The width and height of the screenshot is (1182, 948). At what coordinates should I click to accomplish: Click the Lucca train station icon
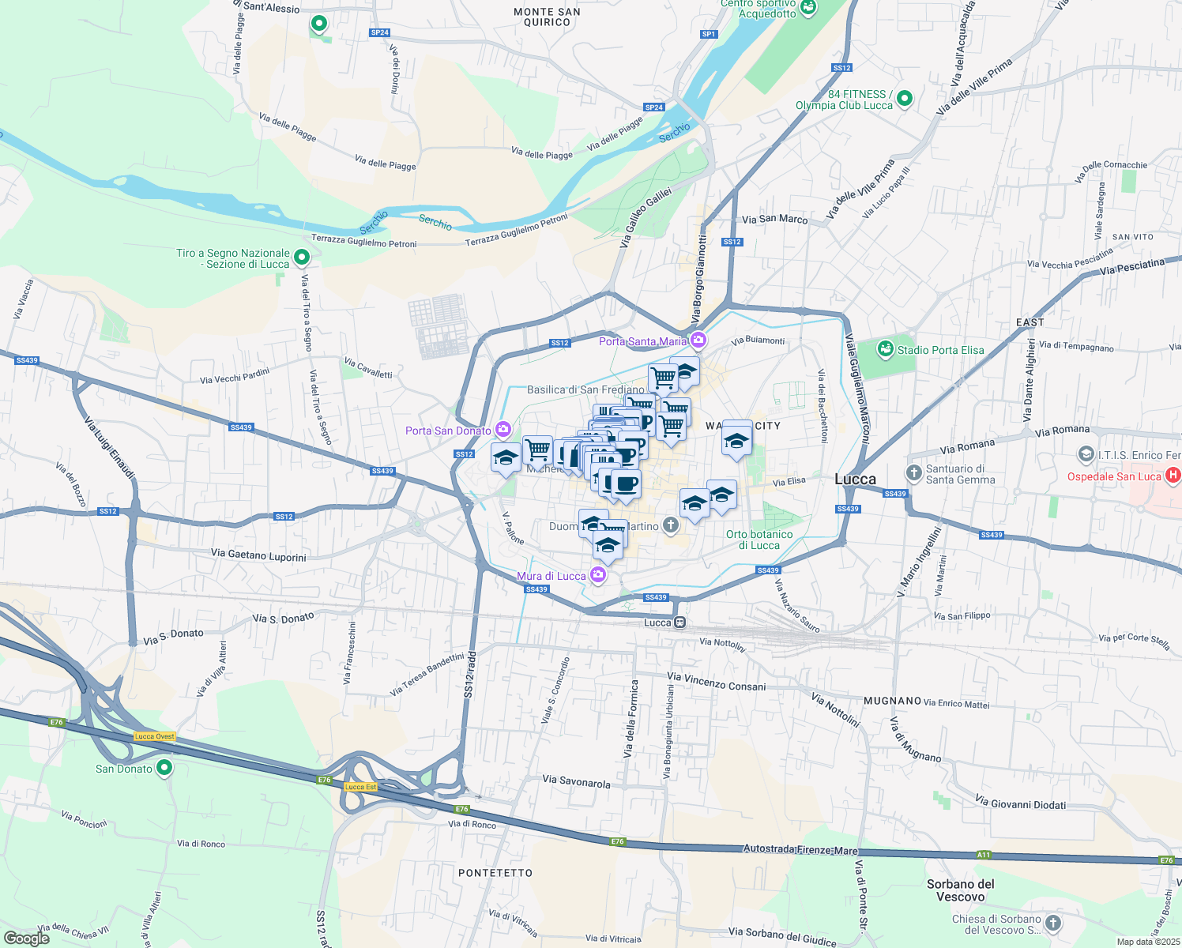679,623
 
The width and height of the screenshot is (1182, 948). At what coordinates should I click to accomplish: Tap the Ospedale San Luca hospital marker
1173,476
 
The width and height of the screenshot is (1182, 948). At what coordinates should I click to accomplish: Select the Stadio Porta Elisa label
940,350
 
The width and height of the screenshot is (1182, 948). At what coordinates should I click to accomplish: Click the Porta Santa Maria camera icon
698,340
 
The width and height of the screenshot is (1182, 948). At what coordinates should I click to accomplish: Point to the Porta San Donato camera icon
503,430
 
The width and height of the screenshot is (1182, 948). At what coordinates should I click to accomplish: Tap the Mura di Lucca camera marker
598,575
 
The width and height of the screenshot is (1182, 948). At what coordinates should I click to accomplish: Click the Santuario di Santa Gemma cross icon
914,473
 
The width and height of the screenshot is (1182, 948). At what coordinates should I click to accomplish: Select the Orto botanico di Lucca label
759,540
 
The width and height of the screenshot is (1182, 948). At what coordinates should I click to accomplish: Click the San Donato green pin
164,767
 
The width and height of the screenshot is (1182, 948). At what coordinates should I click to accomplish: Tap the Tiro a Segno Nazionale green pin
301,258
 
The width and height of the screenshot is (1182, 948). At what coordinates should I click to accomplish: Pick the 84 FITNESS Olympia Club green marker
905,99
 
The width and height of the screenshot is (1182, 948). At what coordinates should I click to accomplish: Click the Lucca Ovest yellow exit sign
155,736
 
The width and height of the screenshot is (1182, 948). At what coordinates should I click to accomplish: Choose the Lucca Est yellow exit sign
360,786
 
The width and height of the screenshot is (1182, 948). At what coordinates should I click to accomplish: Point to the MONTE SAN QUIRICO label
547,17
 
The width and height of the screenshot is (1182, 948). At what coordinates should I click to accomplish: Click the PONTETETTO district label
495,873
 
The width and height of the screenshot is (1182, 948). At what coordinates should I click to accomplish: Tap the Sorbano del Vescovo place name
960,890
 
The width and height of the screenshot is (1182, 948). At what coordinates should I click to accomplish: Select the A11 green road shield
983,855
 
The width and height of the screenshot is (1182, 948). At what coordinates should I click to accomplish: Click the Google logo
26,939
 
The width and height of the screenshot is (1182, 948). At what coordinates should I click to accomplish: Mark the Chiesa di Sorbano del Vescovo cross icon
1052,923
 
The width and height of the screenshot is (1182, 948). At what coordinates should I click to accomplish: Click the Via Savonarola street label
576,782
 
